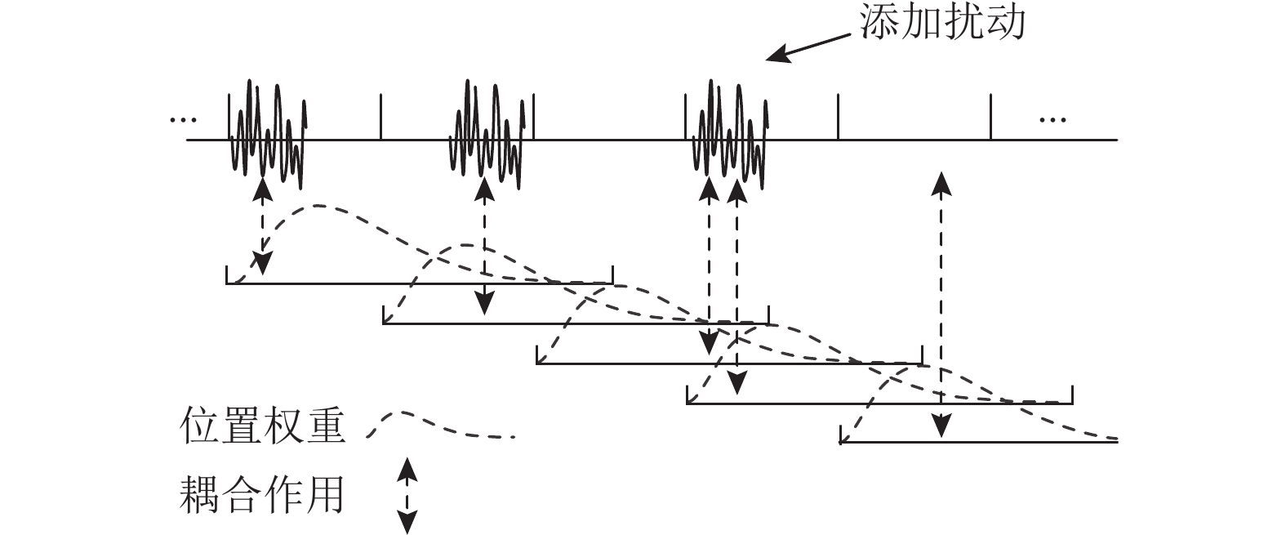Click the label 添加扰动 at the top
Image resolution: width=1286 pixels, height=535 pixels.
[941, 22]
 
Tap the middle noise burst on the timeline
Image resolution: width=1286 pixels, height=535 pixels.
[487, 131]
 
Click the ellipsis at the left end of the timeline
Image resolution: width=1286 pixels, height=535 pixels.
[183, 120]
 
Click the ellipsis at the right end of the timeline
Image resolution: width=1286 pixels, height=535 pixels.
[1052, 120]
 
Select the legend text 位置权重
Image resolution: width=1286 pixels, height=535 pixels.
[262, 427]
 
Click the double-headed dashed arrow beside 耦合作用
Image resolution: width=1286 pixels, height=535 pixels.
[407, 495]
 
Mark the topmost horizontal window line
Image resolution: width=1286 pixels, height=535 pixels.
[419, 283]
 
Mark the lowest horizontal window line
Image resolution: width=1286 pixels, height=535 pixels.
[978, 442]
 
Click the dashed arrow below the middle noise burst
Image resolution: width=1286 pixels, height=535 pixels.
[485, 245]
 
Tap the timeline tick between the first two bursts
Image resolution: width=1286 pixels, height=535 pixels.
[380, 117]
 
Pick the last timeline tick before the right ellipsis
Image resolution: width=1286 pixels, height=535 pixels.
[990, 117]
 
